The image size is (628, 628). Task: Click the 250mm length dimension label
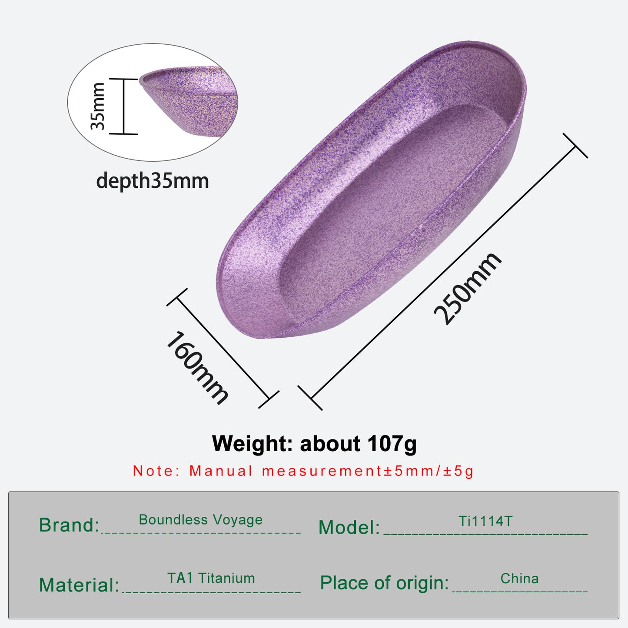[467, 289]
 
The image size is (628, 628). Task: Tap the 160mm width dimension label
[197, 368]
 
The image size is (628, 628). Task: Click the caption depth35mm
[153, 180]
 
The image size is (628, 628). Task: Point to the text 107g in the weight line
[392, 444]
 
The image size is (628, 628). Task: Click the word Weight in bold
[252, 444]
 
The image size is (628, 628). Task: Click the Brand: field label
[69, 525]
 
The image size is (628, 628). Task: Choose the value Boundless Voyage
[200, 520]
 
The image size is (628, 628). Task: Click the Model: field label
[349, 527]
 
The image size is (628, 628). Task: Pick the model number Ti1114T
[485, 521]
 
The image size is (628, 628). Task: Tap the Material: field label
[79, 585]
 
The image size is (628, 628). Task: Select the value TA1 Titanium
[211, 578]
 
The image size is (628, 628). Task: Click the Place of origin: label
[385, 583]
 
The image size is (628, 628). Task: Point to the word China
[519, 578]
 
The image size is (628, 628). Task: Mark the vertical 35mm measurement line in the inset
[124, 106]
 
